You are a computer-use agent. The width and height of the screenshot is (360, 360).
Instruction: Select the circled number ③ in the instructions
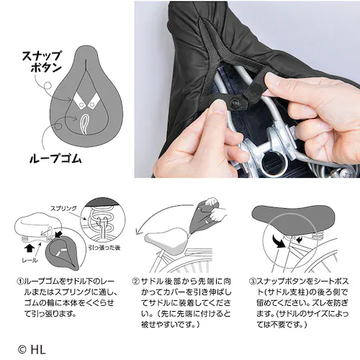[x=252, y=282]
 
